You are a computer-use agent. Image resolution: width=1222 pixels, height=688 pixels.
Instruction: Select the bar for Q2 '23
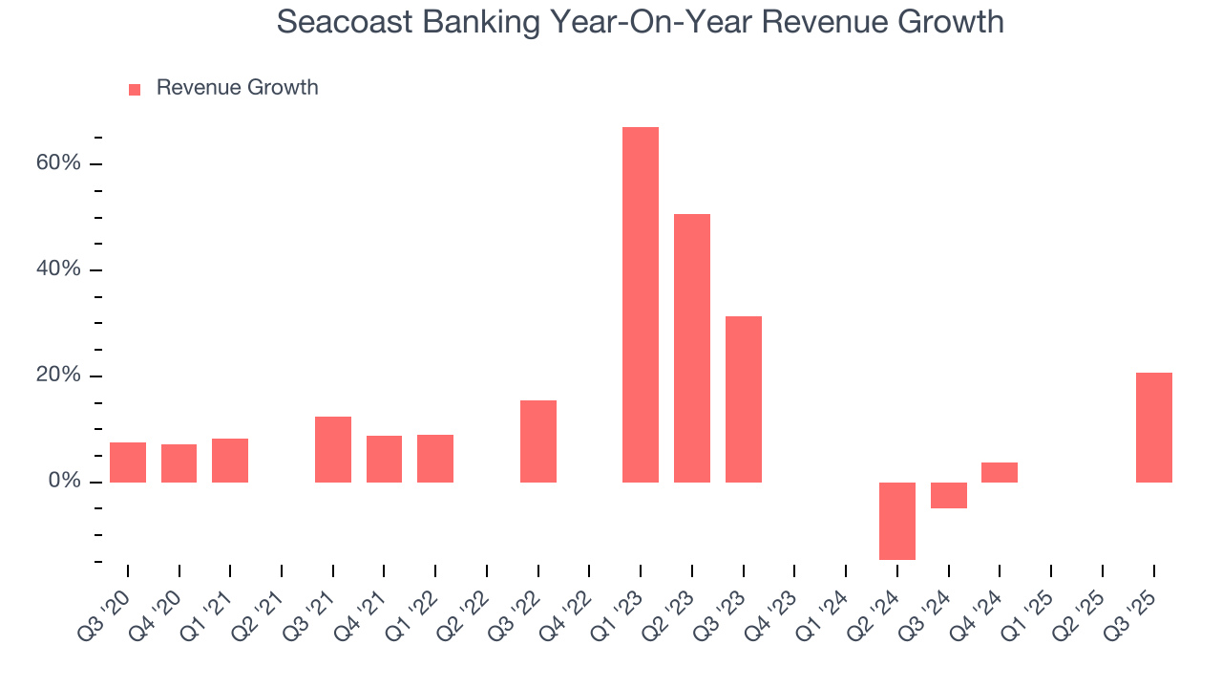pyautogui.click(x=692, y=348)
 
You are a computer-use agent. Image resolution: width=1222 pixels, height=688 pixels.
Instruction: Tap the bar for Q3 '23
pyautogui.click(x=744, y=398)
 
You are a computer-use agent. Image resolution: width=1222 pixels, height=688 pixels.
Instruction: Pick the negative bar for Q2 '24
pyautogui.click(x=897, y=521)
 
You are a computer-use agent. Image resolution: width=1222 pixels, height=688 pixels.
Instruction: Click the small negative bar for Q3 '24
pyautogui.click(x=949, y=495)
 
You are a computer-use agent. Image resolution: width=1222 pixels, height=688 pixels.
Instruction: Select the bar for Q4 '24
pyautogui.click(x=1000, y=472)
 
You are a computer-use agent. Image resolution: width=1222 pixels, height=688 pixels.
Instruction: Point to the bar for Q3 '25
pyautogui.click(x=1154, y=427)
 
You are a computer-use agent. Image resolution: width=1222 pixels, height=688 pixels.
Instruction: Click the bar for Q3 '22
pyautogui.click(x=538, y=441)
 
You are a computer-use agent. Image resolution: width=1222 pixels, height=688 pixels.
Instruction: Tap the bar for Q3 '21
pyautogui.click(x=333, y=449)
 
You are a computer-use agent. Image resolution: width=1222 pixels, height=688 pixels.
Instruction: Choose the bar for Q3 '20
pyautogui.click(x=128, y=462)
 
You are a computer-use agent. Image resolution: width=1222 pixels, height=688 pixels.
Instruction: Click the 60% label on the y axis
pyautogui.click(x=58, y=163)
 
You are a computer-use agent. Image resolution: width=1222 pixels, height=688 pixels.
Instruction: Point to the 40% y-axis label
pyautogui.click(x=58, y=269)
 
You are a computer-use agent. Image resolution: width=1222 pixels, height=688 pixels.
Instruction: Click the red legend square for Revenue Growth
pyautogui.click(x=135, y=89)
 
